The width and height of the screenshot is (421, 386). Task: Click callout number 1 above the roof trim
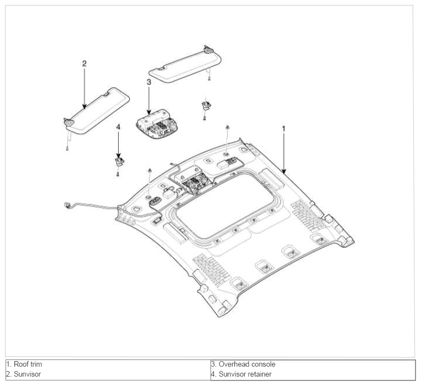[x=283, y=129]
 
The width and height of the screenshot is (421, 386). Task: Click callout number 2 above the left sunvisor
[x=85, y=64]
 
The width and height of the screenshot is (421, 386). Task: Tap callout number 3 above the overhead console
[x=149, y=82]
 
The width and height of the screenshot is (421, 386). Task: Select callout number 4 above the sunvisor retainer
[x=118, y=127]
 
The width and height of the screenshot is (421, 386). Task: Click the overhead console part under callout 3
[x=154, y=124]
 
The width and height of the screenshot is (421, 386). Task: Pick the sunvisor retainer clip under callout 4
[x=119, y=162]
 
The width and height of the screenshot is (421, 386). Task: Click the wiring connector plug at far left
[x=67, y=206]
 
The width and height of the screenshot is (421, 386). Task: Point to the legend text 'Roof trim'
[x=28, y=364]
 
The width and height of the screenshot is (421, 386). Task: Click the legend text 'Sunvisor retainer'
[x=245, y=374]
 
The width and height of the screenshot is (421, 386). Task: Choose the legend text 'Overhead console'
[x=247, y=364]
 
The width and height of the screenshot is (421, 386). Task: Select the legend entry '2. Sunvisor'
[x=23, y=374]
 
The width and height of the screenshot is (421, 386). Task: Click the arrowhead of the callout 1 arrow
[x=284, y=171]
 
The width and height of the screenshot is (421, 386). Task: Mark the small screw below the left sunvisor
[x=67, y=148]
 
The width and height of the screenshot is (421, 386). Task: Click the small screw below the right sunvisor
[x=209, y=78]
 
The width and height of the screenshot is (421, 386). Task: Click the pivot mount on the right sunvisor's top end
[x=208, y=49]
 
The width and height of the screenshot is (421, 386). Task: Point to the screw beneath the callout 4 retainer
[x=118, y=174]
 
